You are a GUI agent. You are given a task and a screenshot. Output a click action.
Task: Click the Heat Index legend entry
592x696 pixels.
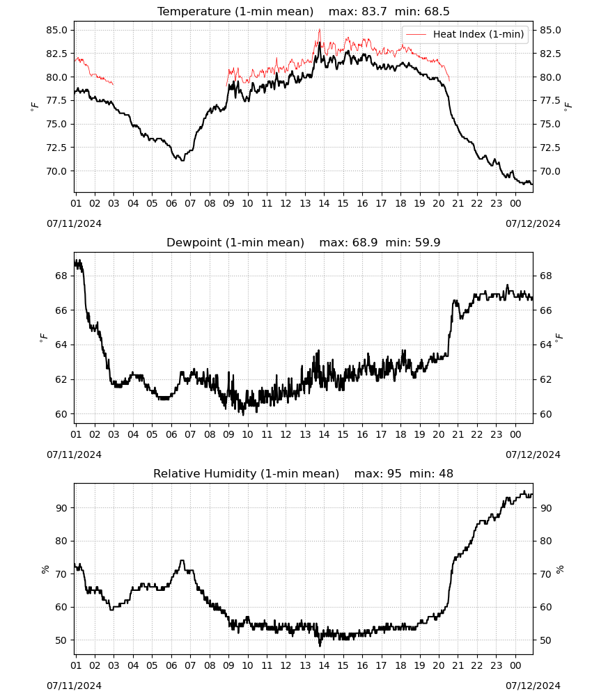pyautogui.click(x=465, y=34)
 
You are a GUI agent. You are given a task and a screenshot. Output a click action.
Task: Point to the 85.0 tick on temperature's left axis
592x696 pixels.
pyautogui.click(x=56, y=30)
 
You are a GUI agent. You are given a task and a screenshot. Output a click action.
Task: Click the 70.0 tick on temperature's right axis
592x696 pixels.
pyautogui.click(x=550, y=171)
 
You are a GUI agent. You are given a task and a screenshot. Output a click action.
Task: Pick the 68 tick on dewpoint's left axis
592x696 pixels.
pyautogui.click(x=62, y=276)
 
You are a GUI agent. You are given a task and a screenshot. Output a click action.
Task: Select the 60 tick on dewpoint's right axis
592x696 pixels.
pyautogui.click(x=545, y=414)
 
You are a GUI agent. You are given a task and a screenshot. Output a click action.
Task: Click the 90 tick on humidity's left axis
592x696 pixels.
pyautogui.click(x=61, y=508)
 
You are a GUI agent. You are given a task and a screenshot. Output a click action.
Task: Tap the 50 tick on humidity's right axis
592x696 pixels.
pyautogui.click(x=546, y=640)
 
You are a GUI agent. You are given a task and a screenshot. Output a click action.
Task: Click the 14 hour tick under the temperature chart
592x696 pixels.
pyautogui.click(x=324, y=203)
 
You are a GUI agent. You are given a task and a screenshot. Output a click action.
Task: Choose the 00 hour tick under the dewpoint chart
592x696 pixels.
pyautogui.click(x=515, y=434)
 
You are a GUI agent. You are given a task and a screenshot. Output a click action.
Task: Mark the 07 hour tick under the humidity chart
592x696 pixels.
pyautogui.click(x=190, y=665)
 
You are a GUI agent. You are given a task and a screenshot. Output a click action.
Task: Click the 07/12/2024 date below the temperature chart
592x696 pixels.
pyautogui.click(x=533, y=223)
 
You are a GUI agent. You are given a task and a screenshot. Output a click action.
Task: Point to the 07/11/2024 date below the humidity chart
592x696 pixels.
pyautogui.click(x=74, y=686)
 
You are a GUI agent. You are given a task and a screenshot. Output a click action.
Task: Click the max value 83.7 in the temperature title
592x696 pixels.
pyautogui.click(x=374, y=11)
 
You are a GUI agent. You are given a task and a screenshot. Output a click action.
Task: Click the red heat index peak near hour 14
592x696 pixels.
pyautogui.click(x=319, y=29)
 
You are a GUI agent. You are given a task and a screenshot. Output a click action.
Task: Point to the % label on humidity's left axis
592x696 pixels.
pyautogui.click(x=45, y=569)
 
